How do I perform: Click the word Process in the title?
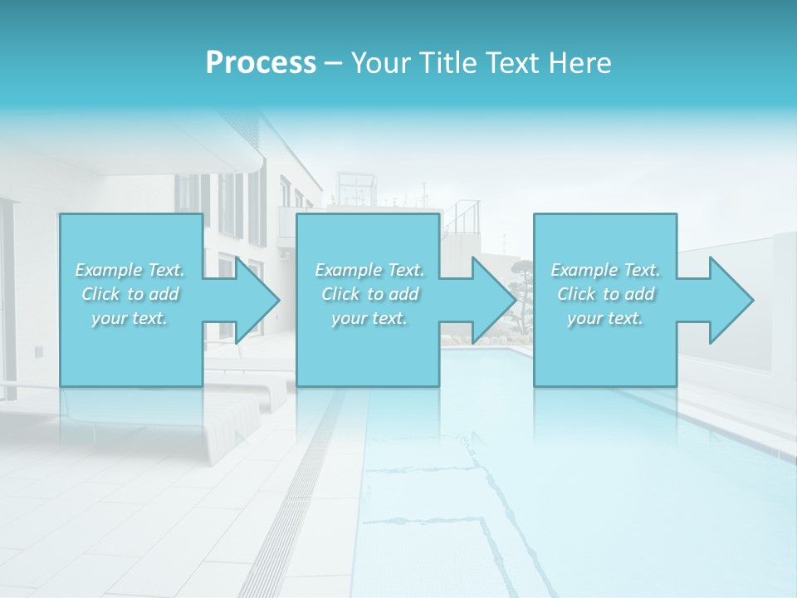tap(261, 63)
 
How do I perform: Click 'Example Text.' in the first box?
tap(130, 270)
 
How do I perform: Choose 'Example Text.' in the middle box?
tap(369, 270)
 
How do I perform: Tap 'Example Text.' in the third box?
tap(605, 270)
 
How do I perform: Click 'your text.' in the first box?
tap(130, 318)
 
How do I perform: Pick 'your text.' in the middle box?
tap(369, 318)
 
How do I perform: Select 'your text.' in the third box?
tap(605, 318)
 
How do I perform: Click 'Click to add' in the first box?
tap(130, 294)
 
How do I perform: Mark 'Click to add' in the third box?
tap(605, 294)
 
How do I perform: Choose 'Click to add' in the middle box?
tap(369, 294)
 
